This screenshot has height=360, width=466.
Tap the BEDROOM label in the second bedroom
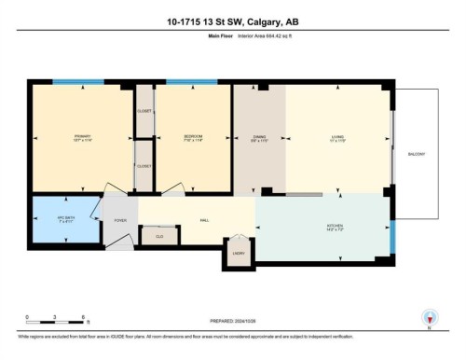(x=193, y=137)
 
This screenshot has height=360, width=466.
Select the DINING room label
(x=259, y=137)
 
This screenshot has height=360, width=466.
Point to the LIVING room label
(x=336, y=137)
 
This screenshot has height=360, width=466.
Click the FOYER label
(x=120, y=221)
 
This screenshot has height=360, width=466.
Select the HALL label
(x=203, y=220)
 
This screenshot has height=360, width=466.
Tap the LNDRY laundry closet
(x=239, y=253)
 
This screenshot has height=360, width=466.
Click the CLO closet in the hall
(x=159, y=237)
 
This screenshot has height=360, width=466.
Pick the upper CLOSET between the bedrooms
(x=144, y=110)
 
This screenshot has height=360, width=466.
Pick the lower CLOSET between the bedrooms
(x=144, y=166)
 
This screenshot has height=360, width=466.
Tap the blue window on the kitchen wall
(x=391, y=236)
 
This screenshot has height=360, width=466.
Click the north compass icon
(x=430, y=317)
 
